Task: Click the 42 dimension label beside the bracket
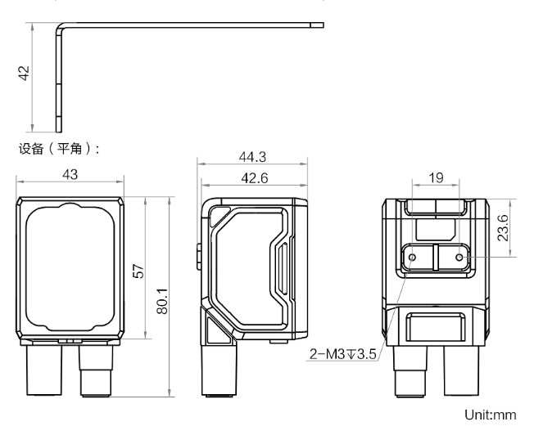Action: pyautogui.click(x=25, y=73)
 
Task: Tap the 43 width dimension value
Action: pyautogui.click(x=70, y=174)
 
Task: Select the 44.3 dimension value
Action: pyautogui.click(x=252, y=157)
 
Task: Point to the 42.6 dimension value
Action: pyautogui.click(x=255, y=177)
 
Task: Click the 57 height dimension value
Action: pyautogui.click(x=139, y=271)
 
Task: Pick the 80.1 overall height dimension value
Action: pyautogui.click(x=162, y=301)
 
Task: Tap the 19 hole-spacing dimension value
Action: pyautogui.click(x=436, y=177)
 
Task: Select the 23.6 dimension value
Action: pyautogui.click(x=503, y=228)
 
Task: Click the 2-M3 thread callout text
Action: pyautogui.click(x=342, y=354)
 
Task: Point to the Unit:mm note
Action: pyautogui.click(x=491, y=415)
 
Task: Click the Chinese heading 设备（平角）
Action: pyautogui.click(x=59, y=149)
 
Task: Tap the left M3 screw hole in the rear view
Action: pyautogui.click(x=412, y=257)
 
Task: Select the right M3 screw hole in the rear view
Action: pyautogui.click(x=459, y=258)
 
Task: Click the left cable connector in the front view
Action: pyautogui.click(x=44, y=370)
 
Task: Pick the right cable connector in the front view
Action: pyautogui.click(x=96, y=370)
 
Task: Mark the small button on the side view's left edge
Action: pyautogui.click(x=199, y=256)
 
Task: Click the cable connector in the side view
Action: pyautogui.click(x=219, y=370)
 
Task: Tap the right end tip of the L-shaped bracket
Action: pyautogui.click(x=323, y=25)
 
